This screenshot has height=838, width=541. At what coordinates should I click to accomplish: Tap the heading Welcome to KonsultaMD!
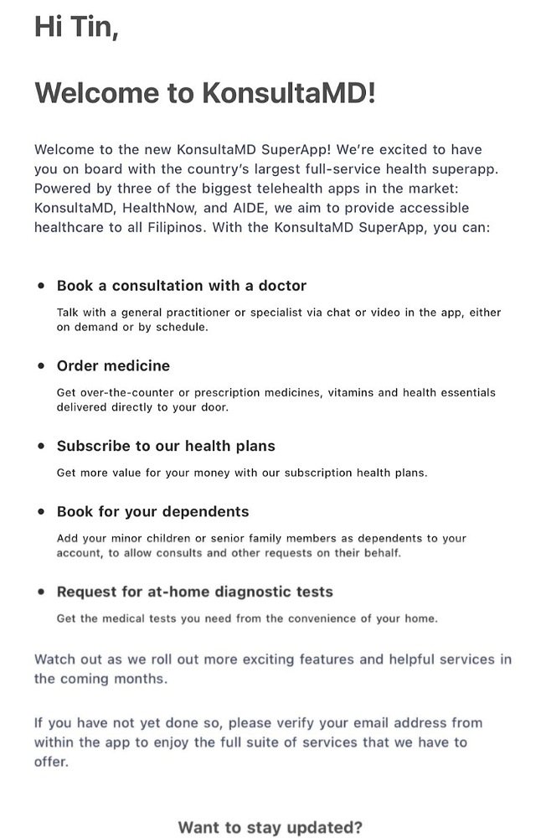click(205, 93)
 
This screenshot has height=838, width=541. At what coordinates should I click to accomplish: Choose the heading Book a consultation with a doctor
click(182, 286)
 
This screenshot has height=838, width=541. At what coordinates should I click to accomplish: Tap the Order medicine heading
click(113, 366)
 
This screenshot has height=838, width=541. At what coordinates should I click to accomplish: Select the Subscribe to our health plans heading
click(166, 447)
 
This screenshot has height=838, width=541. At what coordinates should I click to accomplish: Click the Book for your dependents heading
click(152, 512)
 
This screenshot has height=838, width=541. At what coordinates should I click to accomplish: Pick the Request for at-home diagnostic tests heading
click(194, 592)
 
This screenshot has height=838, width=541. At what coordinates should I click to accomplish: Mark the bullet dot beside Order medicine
click(41, 366)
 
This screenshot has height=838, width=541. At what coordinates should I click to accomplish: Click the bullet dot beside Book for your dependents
click(41, 512)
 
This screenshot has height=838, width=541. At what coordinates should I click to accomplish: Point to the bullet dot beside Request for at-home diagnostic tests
click(41, 592)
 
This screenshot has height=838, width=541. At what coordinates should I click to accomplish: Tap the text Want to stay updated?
click(270, 828)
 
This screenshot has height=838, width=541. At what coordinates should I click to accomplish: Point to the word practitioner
click(210, 312)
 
